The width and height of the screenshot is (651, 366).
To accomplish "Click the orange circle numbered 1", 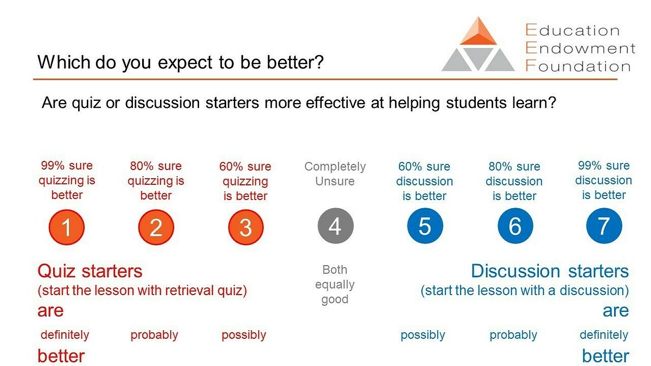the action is pyautogui.click(x=67, y=227).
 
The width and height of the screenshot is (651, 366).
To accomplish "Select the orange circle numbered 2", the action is pyautogui.click(x=156, y=227).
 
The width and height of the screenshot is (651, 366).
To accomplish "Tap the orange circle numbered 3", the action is pyautogui.click(x=246, y=227).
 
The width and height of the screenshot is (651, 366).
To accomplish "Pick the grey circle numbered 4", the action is pyautogui.click(x=335, y=226).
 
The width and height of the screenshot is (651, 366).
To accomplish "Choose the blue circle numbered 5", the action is pyautogui.click(x=425, y=226).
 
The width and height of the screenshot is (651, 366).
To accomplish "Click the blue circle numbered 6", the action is pyautogui.click(x=515, y=226).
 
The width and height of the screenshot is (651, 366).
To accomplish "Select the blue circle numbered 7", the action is pyautogui.click(x=604, y=226).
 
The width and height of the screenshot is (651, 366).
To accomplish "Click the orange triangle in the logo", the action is pyautogui.click(x=478, y=31).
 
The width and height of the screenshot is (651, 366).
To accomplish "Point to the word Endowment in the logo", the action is pyautogui.click(x=580, y=48).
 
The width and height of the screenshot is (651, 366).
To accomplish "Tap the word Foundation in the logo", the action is pyautogui.click(x=578, y=66).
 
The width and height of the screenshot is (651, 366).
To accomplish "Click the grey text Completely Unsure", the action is pyautogui.click(x=335, y=174).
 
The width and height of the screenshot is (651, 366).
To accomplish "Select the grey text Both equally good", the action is pyautogui.click(x=335, y=284).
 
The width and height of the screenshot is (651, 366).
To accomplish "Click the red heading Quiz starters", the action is pyautogui.click(x=90, y=271).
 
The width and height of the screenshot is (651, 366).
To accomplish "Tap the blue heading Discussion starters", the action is pyautogui.click(x=550, y=271).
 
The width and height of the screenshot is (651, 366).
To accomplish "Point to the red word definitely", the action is pyautogui.click(x=65, y=335).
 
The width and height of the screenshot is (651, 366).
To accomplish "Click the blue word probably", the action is pyautogui.click(x=513, y=335).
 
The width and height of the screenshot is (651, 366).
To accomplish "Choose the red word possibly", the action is pyautogui.click(x=244, y=335).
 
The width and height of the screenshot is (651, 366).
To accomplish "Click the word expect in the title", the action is pyautogui.click(x=185, y=63).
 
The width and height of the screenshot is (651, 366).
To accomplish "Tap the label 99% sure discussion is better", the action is pyautogui.click(x=604, y=180).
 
